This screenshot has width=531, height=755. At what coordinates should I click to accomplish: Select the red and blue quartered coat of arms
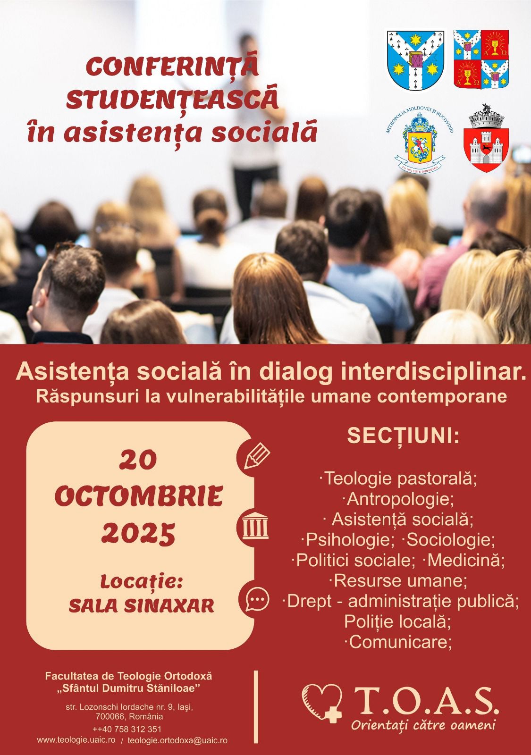(x=481, y=59)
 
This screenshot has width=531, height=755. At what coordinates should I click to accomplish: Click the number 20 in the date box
(x=137, y=460)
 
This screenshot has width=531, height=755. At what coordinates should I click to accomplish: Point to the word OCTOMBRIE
(x=138, y=496)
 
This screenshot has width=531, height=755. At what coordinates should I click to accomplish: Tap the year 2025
(x=138, y=533)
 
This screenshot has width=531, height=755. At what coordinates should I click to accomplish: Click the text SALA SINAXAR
(x=142, y=605)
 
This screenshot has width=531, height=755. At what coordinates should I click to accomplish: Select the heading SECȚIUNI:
(x=403, y=436)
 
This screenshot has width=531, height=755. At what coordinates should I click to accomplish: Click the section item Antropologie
(x=397, y=498)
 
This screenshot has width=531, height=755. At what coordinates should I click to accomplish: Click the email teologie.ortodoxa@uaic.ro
(x=177, y=741)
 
